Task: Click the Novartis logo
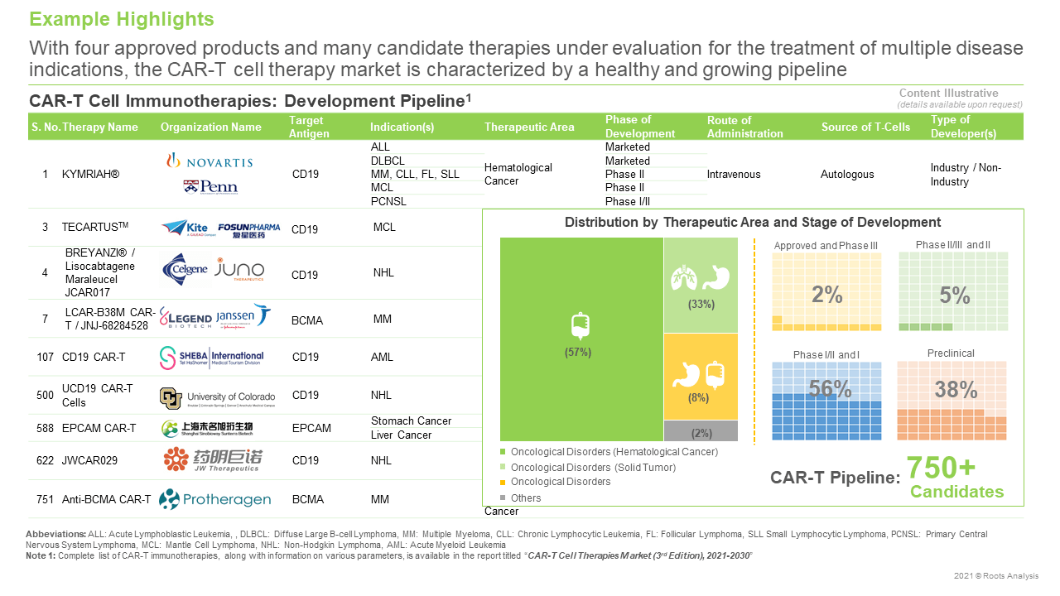point(209,161)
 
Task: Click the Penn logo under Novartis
point(210,187)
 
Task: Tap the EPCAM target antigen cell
point(311,428)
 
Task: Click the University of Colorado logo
point(217,398)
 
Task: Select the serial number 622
point(45,459)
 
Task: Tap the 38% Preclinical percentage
point(956,389)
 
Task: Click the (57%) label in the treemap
point(578,352)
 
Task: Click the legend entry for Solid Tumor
point(593,468)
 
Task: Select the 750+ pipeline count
point(941,468)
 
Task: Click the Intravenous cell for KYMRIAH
point(734,175)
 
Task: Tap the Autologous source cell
point(846,175)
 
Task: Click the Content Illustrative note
point(959,94)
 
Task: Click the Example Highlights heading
point(122,19)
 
